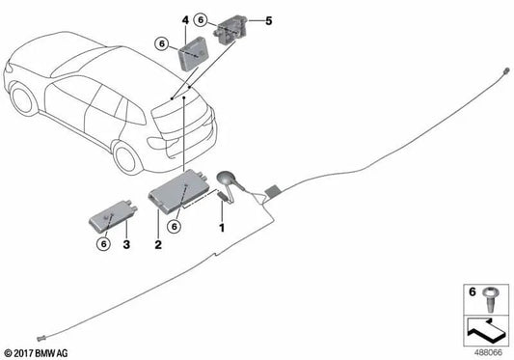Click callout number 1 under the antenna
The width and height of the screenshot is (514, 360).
pyautogui.click(x=221, y=228)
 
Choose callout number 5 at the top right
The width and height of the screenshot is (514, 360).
pyautogui.click(x=269, y=20)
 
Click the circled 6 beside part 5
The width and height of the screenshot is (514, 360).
pyautogui.click(x=200, y=19)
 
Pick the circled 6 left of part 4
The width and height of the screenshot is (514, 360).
pyautogui.click(x=161, y=42)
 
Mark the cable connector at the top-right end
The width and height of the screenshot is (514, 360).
pyautogui.click(x=505, y=70)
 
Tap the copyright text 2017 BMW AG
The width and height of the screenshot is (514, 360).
pyautogui.click(x=38, y=353)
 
